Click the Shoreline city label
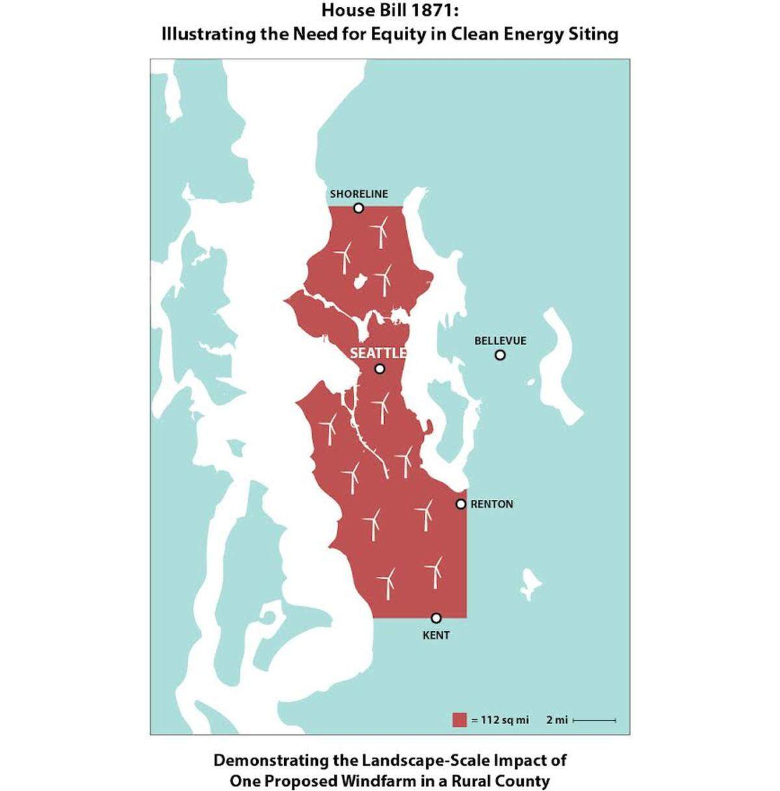[359, 194]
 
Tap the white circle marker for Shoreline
[358, 208]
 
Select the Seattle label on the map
[378, 353]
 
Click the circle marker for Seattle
[380, 369]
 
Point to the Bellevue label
[500, 341]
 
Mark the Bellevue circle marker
[500, 355]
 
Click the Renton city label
[492, 504]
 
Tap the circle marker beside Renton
[461, 504]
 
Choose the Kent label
[436, 635]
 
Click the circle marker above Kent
[436, 617]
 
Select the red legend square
[460, 720]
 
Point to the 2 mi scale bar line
[595, 720]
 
